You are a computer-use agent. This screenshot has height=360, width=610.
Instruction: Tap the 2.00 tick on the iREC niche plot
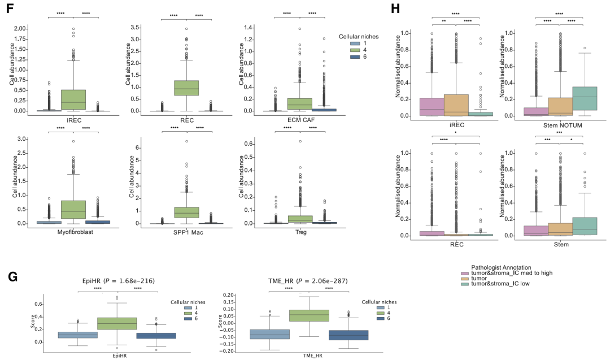pos(21,28)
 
